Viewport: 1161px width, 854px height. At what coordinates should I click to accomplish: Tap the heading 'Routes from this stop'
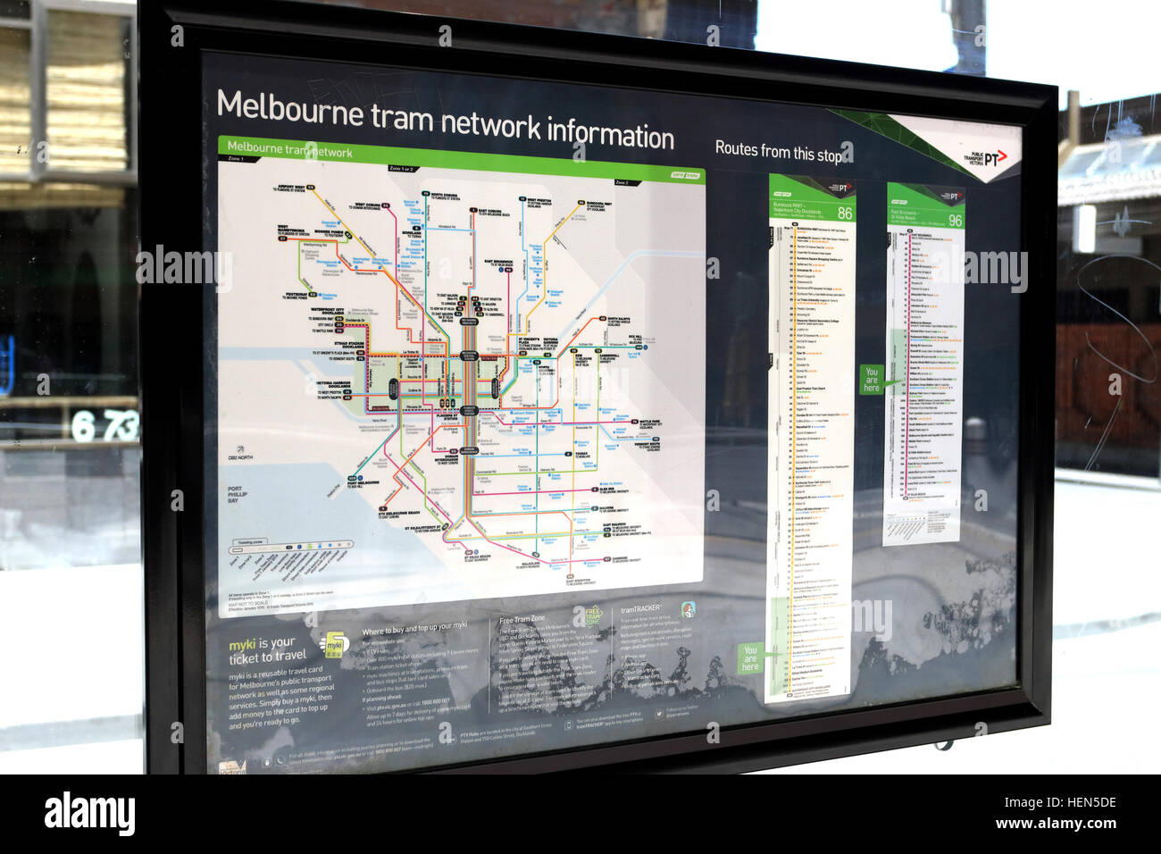click(778, 152)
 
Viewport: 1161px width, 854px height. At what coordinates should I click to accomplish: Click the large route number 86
click(844, 213)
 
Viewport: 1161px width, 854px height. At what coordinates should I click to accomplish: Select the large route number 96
click(955, 221)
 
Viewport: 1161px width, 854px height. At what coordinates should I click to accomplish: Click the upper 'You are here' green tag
click(871, 380)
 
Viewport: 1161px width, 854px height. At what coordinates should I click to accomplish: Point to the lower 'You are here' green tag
click(750, 658)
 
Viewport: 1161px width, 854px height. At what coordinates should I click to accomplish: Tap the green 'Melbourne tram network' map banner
click(289, 149)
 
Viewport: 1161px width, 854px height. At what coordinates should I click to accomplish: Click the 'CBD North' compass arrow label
click(239, 454)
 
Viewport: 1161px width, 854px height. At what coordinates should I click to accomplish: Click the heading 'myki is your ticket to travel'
click(267, 650)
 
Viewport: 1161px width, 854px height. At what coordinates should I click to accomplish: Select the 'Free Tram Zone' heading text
click(522, 618)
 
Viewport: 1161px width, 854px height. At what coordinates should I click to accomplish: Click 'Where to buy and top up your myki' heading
click(413, 629)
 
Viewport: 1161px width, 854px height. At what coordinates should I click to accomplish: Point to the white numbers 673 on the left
click(104, 426)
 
